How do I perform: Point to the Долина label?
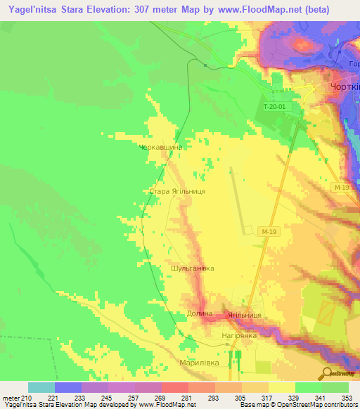(x=200, y=313)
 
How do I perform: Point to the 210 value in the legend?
(x=28, y=397)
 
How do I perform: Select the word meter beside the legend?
(x=11, y=397)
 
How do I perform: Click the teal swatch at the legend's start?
(x=41, y=387)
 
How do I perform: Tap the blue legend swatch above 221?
(x=68, y=387)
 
